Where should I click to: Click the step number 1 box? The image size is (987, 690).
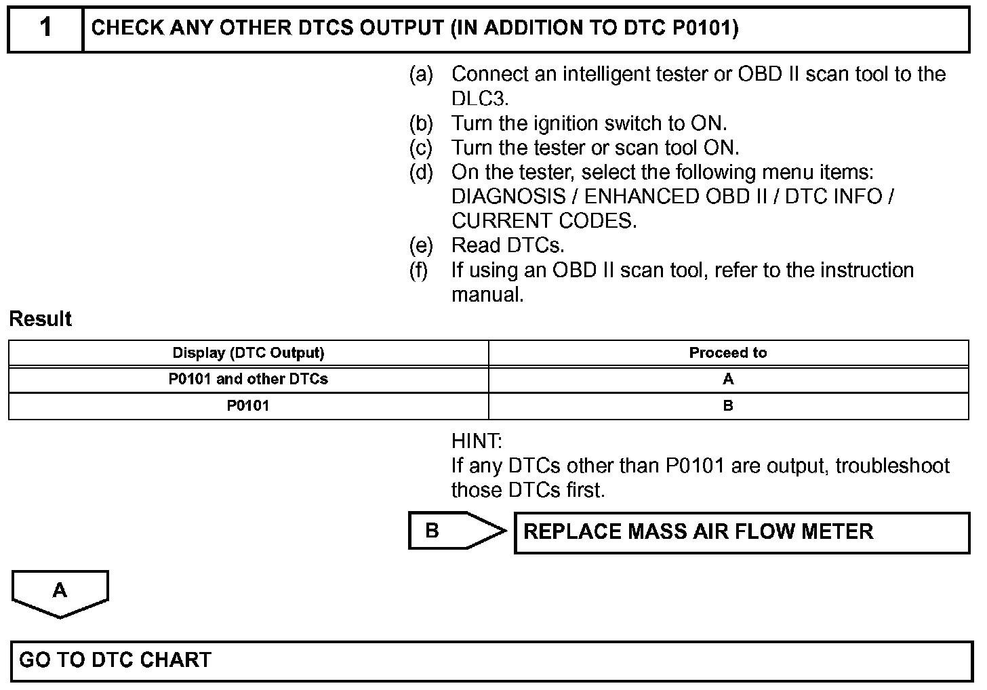coord(45,28)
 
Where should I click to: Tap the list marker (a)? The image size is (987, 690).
coord(420,74)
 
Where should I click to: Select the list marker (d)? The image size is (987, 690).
coord(420,172)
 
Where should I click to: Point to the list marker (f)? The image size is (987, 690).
coord(419,270)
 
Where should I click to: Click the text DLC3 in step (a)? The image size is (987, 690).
coord(479,99)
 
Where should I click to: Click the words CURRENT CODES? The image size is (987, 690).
coord(544,221)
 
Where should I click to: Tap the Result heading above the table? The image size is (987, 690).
coord(41,319)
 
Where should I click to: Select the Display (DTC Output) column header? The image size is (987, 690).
coord(248,353)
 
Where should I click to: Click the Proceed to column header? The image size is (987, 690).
coord(727,353)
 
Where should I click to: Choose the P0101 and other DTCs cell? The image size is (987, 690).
coord(248,379)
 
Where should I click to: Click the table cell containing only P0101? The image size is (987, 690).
coord(248,406)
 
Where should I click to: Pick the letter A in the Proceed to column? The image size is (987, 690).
coord(728,379)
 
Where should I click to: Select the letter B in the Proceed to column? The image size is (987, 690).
coord(728,406)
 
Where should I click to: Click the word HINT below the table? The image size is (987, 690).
coord(477,441)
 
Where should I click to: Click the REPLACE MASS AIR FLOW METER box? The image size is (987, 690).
coord(742,532)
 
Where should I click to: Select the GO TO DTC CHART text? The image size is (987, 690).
coord(115,660)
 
